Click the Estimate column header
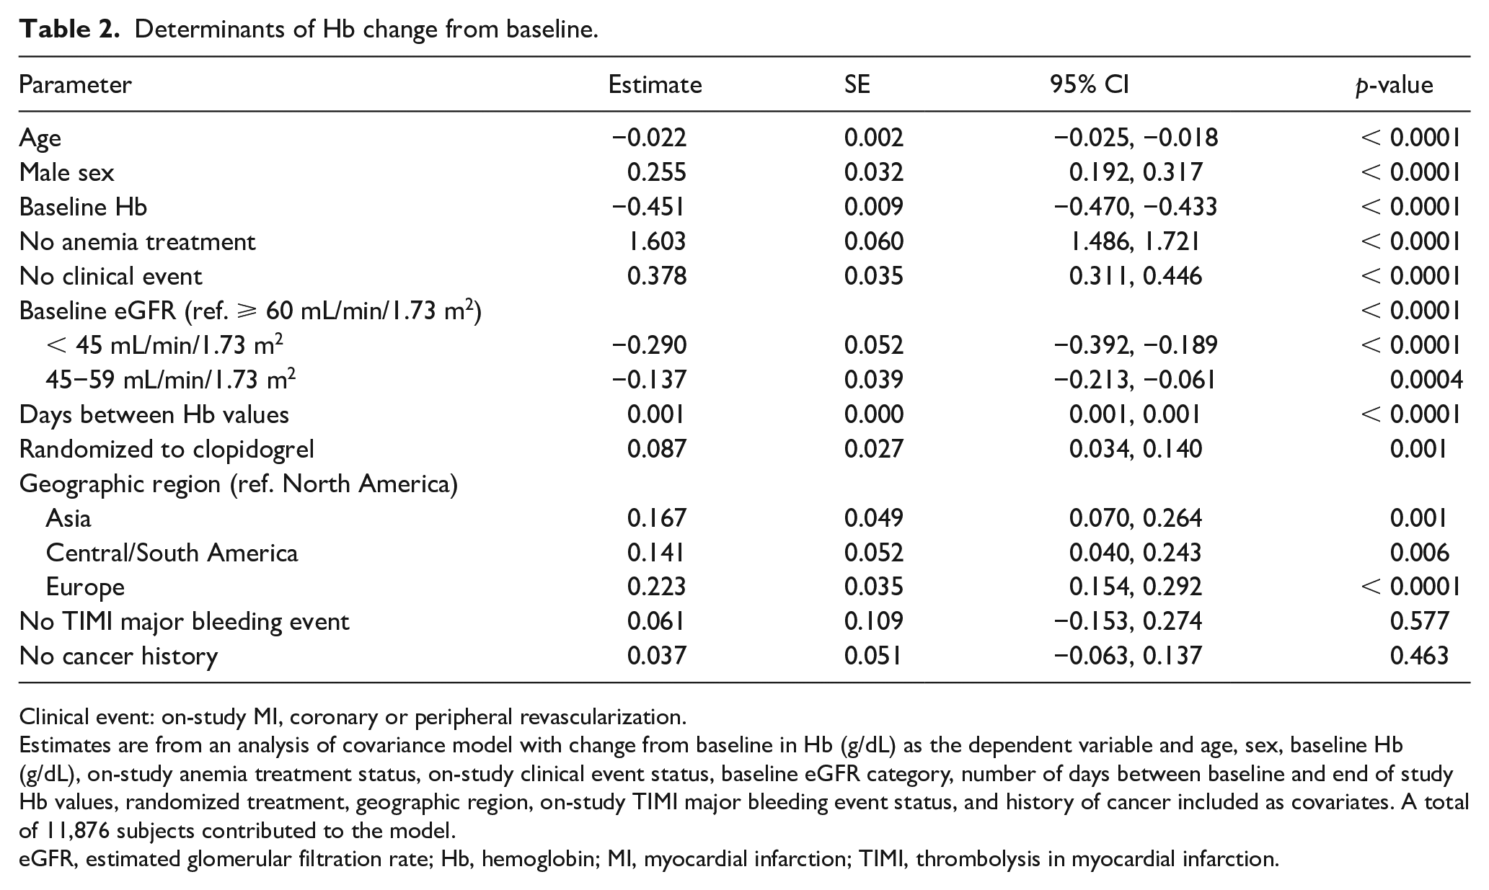click(x=655, y=85)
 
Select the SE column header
click(x=857, y=85)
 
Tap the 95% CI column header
click(x=1090, y=85)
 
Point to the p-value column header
click(x=1394, y=86)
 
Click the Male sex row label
click(x=66, y=172)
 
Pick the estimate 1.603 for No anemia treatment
click(x=656, y=241)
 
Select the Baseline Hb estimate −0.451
click(x=649, y=207)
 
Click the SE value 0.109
click(x=873, y=621)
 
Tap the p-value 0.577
click(x=1419, y=621)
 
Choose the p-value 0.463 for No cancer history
click(x=1419, y=656)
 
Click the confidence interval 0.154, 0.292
click(x=1136, y=587)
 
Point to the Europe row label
click(x=85, y=587)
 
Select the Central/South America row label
click(x=172, y=553)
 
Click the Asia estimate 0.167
click(x=656, y=518)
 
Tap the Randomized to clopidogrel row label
click(x=167, y=449)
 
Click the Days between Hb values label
click(x=154, y=414)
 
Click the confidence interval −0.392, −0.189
click(x=1136, y=345)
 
